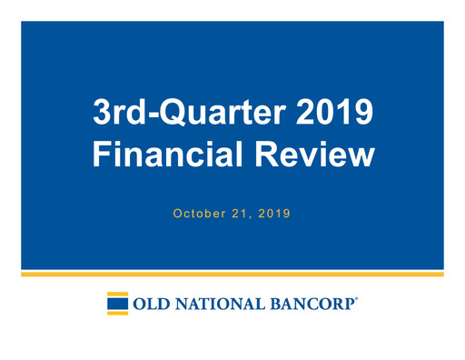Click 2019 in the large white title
[x=338, y=115]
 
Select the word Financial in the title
[x=160, y=155]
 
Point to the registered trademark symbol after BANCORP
[x=357, y=297]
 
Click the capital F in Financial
[x=103, y=155]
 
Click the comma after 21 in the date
[x=250, y=218]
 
